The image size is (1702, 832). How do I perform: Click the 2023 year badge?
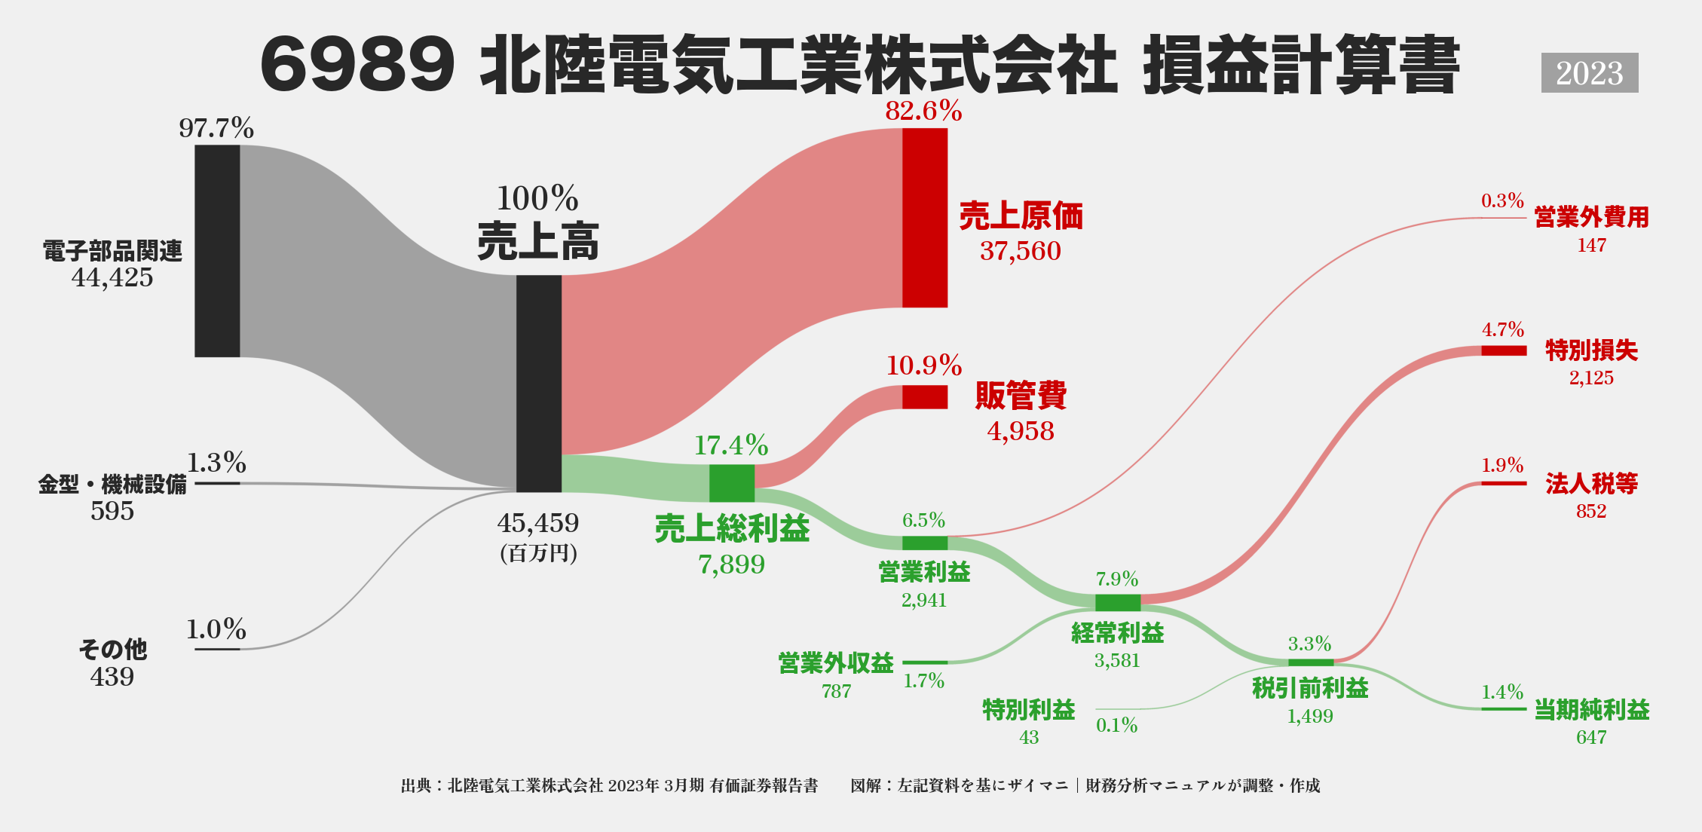tap(1589, 73)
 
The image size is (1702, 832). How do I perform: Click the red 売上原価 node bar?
tap(925, 218)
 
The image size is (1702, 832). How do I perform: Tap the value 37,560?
tap(1020, 251)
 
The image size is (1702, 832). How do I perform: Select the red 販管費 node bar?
tap(925, 397)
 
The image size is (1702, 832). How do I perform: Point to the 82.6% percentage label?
tap(923, 112)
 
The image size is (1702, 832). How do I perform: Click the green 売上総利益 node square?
tap(731, 483)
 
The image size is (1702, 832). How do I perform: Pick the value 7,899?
tap(731, 564)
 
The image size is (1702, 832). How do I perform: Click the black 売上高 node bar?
tap(539, 383)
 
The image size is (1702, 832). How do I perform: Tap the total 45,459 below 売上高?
tap(538, 523)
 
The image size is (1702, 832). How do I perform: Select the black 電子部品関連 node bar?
tap(217, 251)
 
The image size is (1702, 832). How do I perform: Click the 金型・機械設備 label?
tap(112, 484)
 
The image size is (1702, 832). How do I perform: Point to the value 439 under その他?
tap(112, 677)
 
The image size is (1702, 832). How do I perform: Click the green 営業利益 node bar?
tap(924, 543)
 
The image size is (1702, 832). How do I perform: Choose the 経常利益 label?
tap(1117, 633)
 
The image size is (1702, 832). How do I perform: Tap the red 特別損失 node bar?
tap(1503, 350)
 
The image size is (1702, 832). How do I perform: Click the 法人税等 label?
tap(1591, 484)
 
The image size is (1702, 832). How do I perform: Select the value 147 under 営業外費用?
tap(1591, 245)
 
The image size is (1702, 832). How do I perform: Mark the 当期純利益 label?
tap(1591, 710)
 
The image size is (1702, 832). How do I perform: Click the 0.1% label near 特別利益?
tap(1116, 725)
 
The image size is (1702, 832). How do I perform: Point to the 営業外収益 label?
tap(836, 663)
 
